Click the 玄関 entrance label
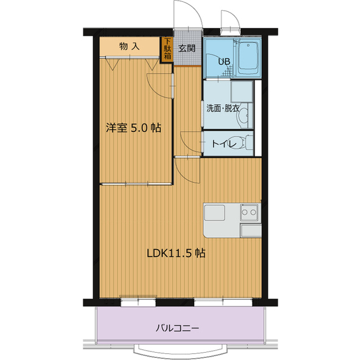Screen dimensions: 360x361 pyautogui.click(x=187, y=48)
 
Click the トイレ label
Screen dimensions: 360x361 pyautogui.click(x=222, y=143)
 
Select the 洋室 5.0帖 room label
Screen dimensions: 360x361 pyautogui.click(x=133, y=128)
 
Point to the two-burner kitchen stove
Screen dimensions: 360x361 pyautogui.click(x=249, y=212)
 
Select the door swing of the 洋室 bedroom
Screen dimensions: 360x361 pyautogui.click(x=159, y=86)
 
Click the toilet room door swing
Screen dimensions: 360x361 pyautogui.click(x=191, y=140)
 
